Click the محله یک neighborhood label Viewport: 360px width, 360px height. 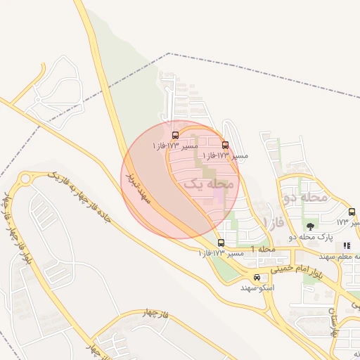208,184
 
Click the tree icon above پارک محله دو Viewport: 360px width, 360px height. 310,226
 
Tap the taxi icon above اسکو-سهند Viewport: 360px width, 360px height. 257,277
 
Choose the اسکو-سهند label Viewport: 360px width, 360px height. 257,288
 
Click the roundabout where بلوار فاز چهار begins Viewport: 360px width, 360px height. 25,179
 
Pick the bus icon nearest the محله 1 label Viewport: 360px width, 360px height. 221,243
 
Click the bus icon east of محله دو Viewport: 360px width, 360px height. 352,212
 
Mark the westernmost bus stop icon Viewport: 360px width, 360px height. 174,134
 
